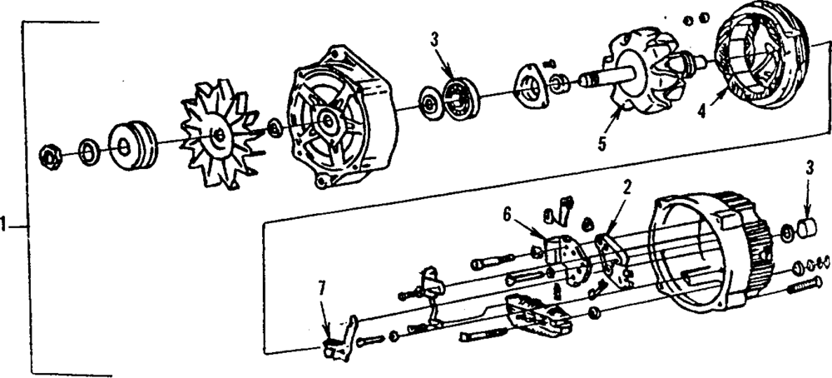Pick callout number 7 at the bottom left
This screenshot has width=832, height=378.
pyautogui.click(x=323, y=290)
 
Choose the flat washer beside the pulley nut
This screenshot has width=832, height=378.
pyautogui.click(x=87, y=151)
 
